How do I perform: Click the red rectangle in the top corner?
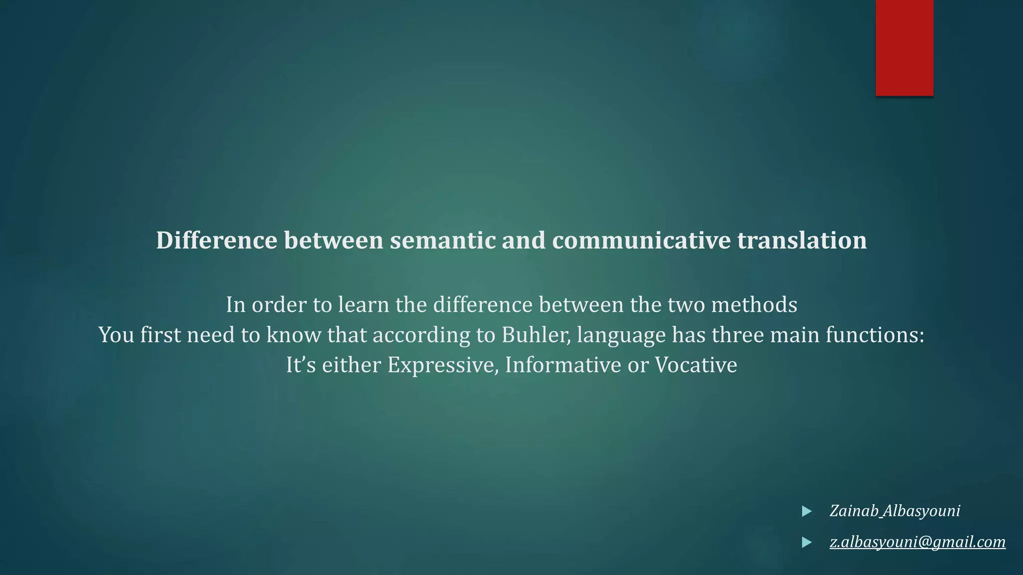(904, 47)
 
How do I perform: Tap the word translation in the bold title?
(802, 241)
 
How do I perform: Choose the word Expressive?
(443, 365)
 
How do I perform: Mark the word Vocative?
(696, 365)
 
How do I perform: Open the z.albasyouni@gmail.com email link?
(917, 542)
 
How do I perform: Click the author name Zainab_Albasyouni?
(895, 511)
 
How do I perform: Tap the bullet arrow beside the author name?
(806, 511)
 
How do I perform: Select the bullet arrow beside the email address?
(806, 542)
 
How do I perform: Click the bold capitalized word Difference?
(216, 241)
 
